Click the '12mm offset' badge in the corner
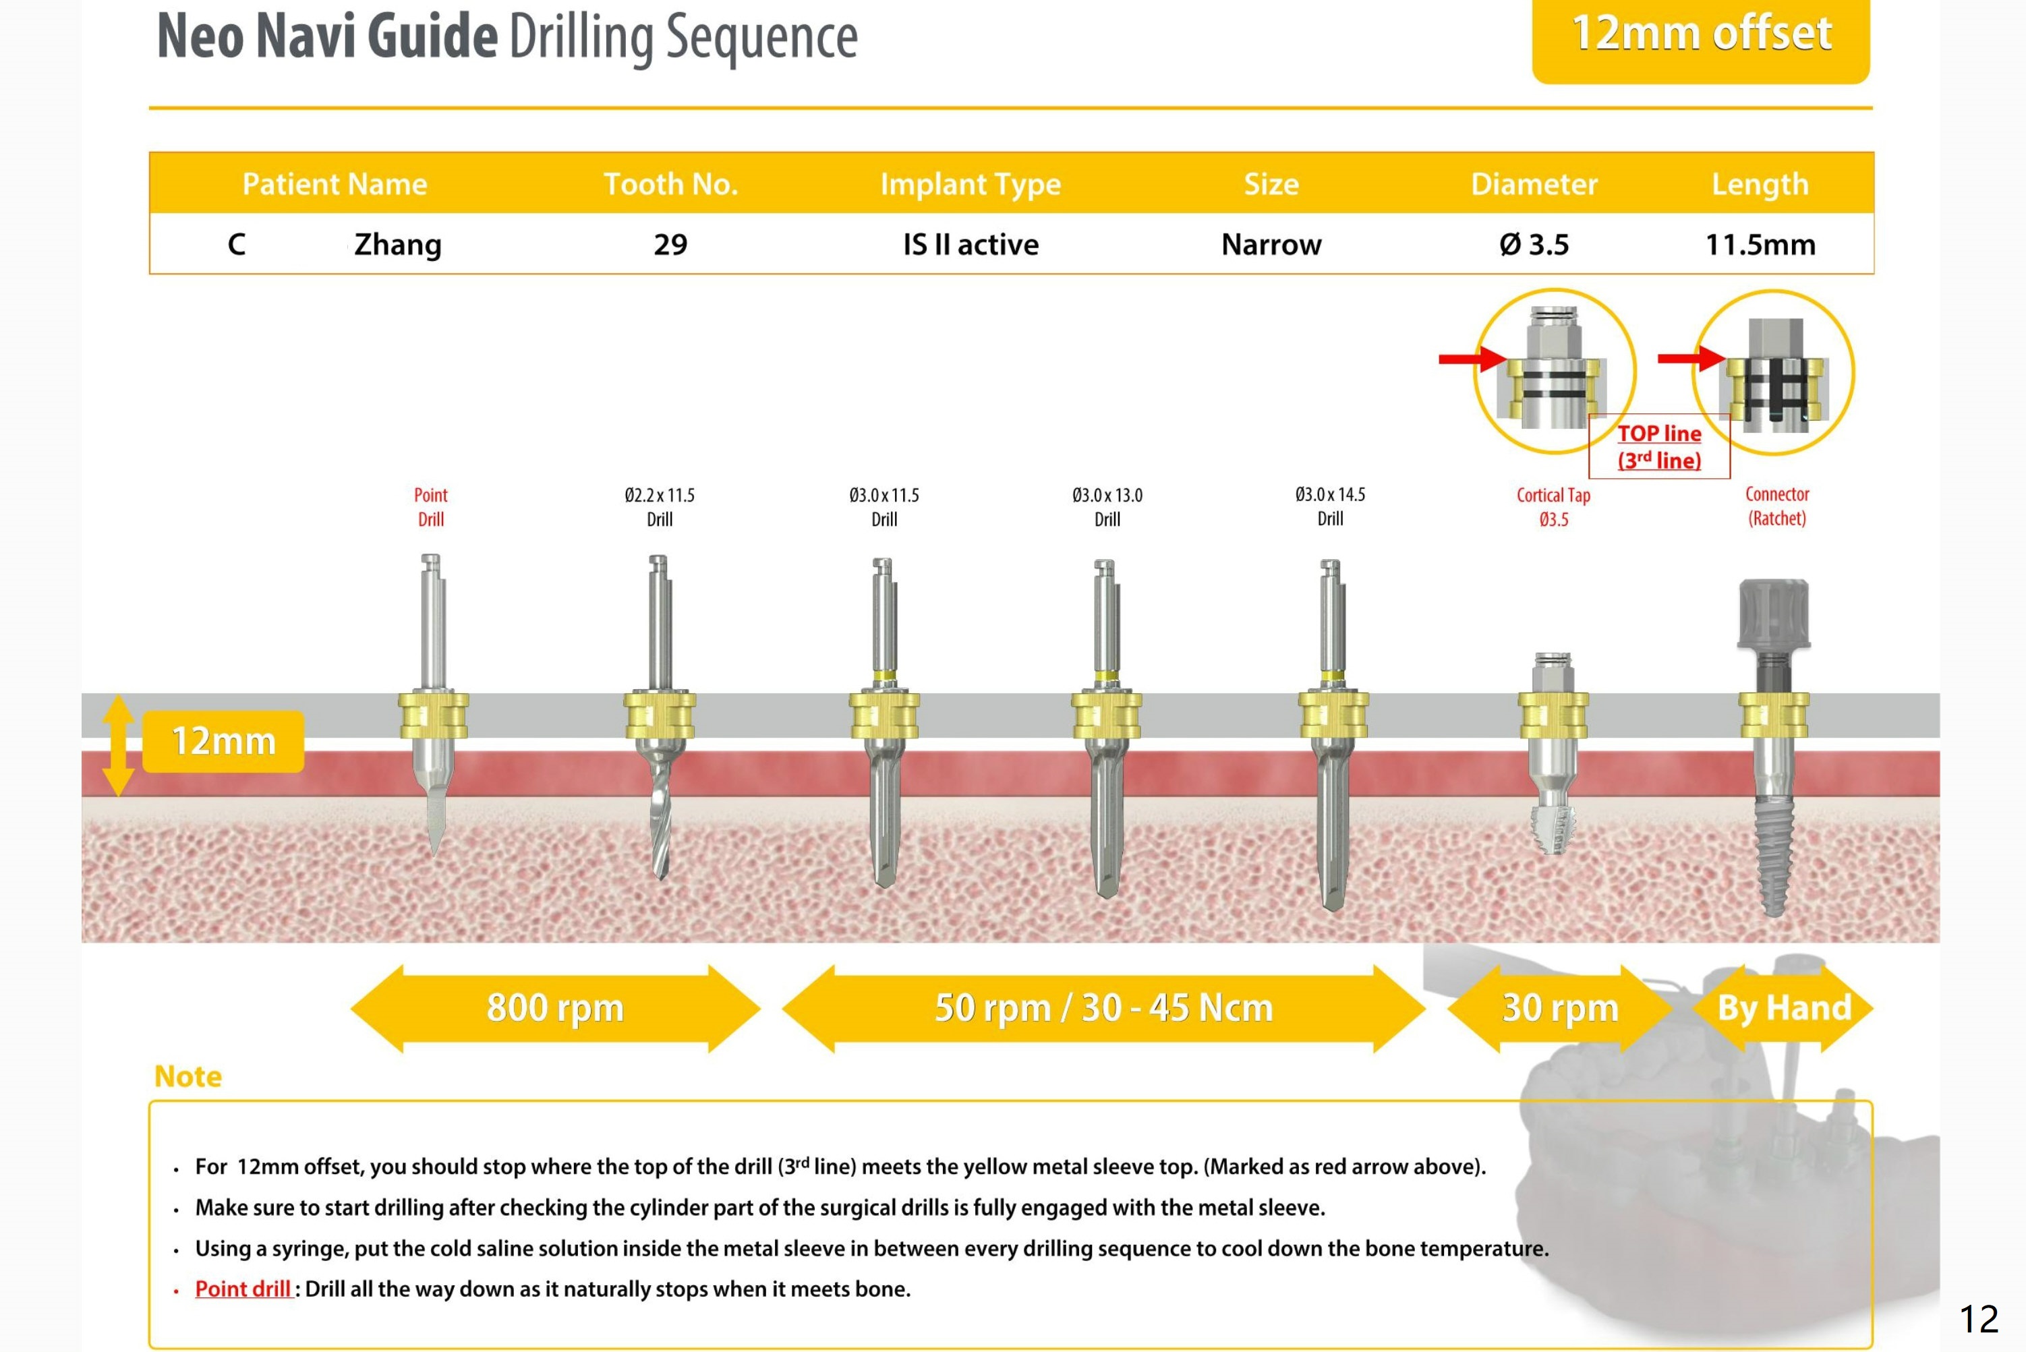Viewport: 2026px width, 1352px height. (1700, 36)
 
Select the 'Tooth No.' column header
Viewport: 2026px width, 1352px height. (671, 183)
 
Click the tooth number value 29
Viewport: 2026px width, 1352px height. (671, 245)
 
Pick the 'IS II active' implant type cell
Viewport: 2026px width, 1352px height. (971, 245)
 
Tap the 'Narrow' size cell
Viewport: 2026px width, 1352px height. (1271, 245)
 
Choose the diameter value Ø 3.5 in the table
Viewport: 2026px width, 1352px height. (1534, 245)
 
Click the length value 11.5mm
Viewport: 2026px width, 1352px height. (1760, 245)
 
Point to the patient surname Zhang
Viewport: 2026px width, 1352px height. (397, 245)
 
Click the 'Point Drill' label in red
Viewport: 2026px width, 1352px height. (431, 507)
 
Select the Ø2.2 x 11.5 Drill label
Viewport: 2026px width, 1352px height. (660, 507)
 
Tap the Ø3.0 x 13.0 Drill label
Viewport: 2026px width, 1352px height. (1107, 507)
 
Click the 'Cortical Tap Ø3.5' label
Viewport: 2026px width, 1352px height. (1553, 507)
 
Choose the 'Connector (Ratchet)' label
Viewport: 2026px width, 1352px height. (1777, 506)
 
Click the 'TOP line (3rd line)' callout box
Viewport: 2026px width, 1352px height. (1658, 446)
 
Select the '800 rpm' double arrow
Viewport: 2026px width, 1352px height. (555, 1008)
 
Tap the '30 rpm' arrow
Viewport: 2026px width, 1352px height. (1559, 1008)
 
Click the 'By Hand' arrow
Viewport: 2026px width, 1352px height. (1784, 1008)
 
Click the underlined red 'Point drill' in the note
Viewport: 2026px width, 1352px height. (243, 1289)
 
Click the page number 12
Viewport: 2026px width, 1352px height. (1979, 1319)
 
